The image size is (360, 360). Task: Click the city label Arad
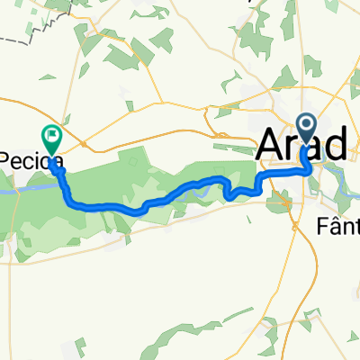304,145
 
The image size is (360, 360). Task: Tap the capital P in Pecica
7,158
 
